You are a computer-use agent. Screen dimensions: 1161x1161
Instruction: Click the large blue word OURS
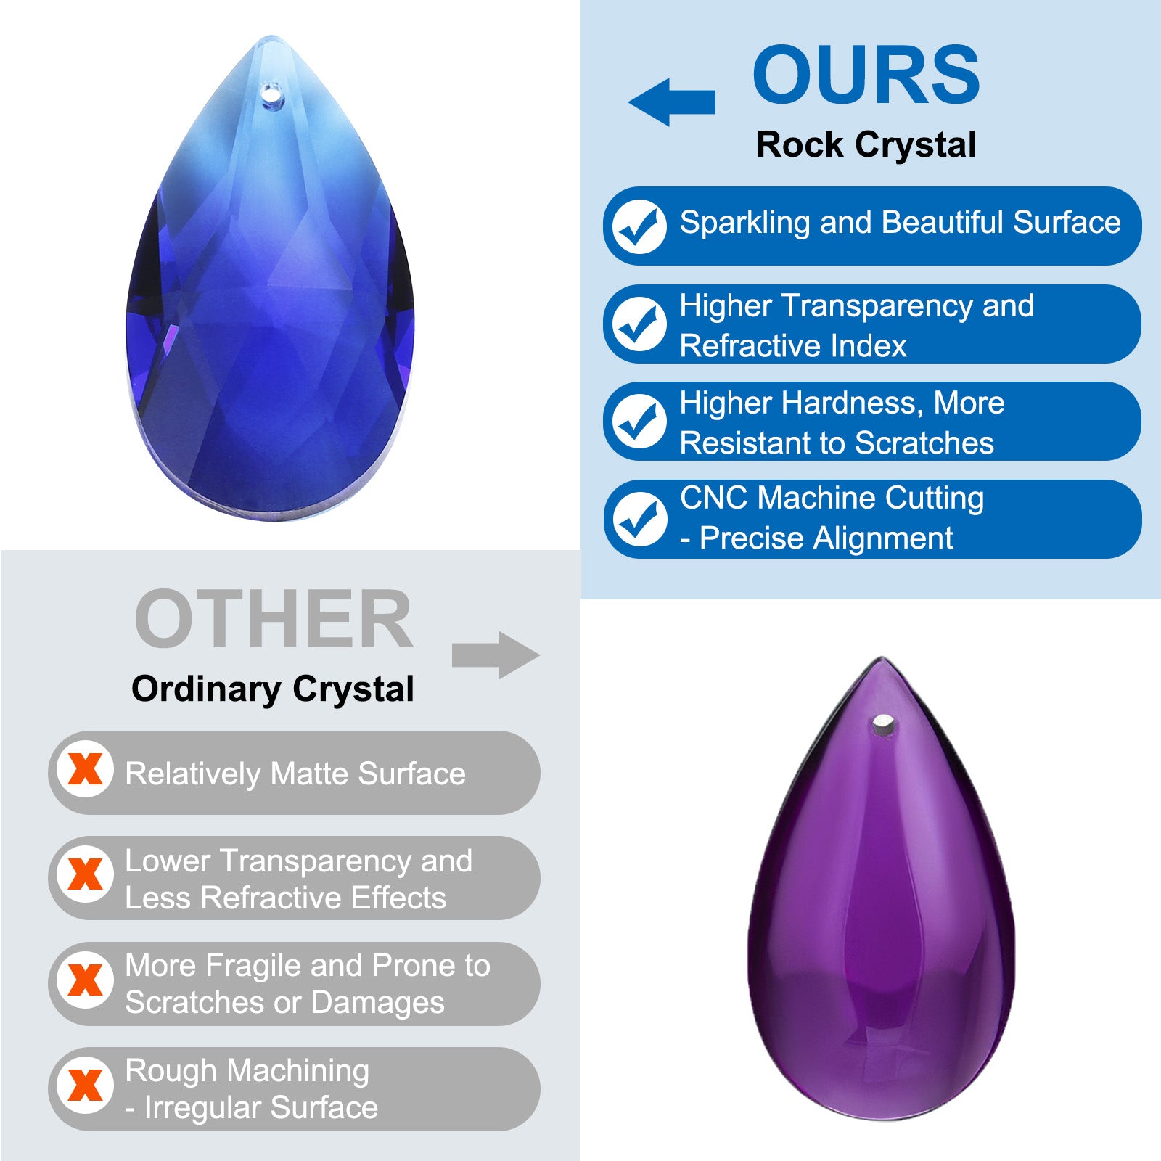(866, 74)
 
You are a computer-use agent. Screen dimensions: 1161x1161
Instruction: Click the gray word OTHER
(274, 619)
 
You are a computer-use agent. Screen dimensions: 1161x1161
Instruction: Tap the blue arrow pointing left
(672, 102)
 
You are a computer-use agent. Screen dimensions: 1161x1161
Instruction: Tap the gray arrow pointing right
(496, 655)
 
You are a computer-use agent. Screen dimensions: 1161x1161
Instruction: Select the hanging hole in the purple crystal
(883, 723)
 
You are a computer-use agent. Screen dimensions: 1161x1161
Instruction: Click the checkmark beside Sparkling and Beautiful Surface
(639, 226)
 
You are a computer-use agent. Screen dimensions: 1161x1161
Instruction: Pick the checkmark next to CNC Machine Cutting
(639, 520)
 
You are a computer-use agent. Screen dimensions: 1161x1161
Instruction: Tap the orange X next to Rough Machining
(85, 1086)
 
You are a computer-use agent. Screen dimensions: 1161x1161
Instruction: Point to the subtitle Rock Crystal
(866, 144)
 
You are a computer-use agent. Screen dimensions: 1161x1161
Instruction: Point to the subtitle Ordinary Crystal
(273, 689)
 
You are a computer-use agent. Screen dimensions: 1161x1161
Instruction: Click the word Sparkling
(745, 223)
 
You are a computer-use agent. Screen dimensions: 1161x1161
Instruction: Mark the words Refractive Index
(793, 345)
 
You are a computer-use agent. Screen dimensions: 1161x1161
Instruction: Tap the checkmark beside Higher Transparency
(639, 324)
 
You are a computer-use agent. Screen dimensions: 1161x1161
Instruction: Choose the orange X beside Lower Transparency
(85, 874)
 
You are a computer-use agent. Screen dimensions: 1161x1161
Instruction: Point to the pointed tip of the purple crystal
(882, 657)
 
